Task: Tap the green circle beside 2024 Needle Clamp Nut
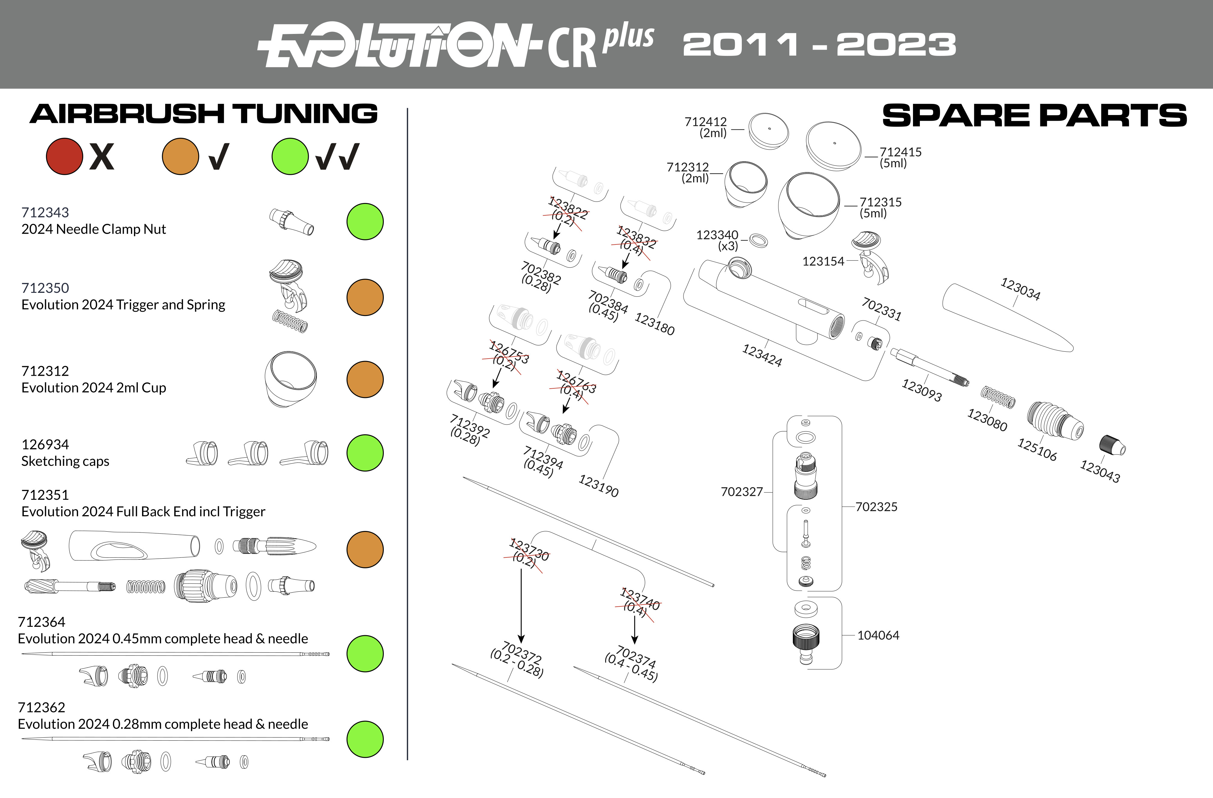(365, 222)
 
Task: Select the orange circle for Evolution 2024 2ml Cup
(365, 380)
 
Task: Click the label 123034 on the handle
(1020, 289)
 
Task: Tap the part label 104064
(878, 636)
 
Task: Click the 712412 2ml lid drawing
(769, 131)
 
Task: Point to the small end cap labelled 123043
(1113, 445)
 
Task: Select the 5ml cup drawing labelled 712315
(808, 205)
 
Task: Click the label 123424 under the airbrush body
(762, 356)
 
